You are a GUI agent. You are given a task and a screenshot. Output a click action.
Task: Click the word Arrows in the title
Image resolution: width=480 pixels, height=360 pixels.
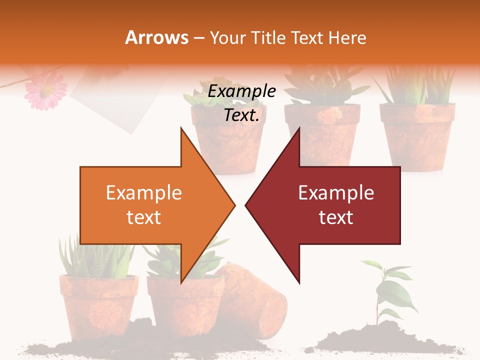click(x=156, y=37)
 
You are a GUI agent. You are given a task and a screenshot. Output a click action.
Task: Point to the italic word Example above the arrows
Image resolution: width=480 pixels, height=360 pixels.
click(x=242, y=91)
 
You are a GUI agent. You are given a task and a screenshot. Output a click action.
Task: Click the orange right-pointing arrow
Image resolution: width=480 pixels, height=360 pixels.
click(x=150, y=205)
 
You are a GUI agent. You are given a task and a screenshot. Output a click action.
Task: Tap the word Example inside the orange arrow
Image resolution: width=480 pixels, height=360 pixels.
click(x=144, y=193)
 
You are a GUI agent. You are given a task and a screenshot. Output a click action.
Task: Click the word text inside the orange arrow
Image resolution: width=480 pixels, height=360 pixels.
click(x=144, y=217)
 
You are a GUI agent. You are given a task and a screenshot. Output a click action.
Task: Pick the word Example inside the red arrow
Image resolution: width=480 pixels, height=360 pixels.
click(x=336, y=193)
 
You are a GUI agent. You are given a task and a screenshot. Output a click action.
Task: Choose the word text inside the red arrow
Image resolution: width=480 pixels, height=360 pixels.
click(x=336, y=217)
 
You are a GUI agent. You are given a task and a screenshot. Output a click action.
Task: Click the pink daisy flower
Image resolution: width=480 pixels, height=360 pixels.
click(x=46, y=88)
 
